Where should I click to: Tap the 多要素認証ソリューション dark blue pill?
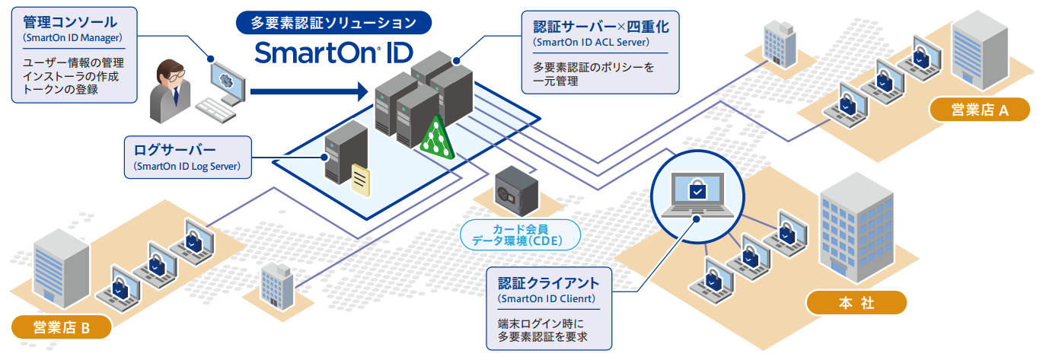point(334,22)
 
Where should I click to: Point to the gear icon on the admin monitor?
point(225,79)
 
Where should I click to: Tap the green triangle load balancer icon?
point(436,137)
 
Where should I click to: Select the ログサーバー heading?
point(175,149)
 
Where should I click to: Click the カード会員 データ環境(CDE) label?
point(520,234)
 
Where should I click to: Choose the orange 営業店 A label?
point(980,110)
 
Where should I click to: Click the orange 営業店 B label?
point(62,328)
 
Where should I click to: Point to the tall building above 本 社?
point(856,228)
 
